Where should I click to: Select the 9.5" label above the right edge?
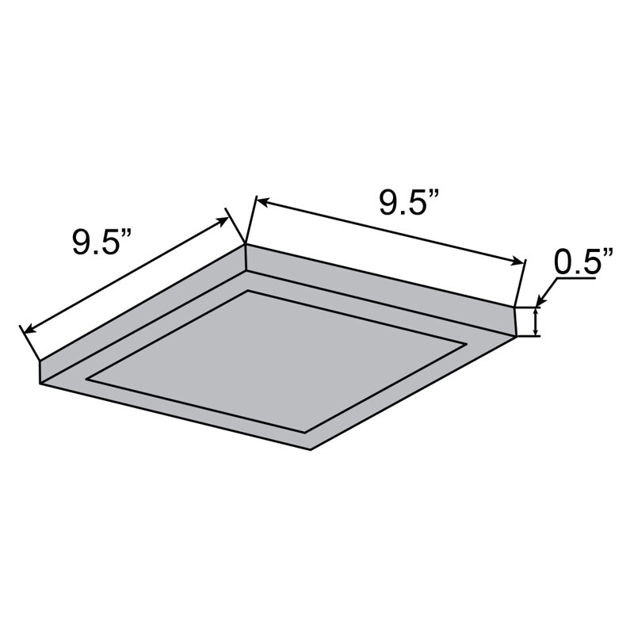tap(409, 204)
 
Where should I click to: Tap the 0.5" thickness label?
tap(585, 262)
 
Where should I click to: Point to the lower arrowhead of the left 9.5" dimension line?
tap(26, 328)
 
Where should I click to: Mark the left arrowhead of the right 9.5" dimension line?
tap(258, 201)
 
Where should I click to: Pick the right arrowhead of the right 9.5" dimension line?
tap(521, 262)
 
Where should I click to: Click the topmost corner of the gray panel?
tap(245, 245)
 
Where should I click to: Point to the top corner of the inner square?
tap(249, 292)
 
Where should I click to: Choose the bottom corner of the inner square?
tap(307, 432)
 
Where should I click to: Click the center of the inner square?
tap(277, 361)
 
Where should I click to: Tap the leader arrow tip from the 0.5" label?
tap(538, 304)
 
